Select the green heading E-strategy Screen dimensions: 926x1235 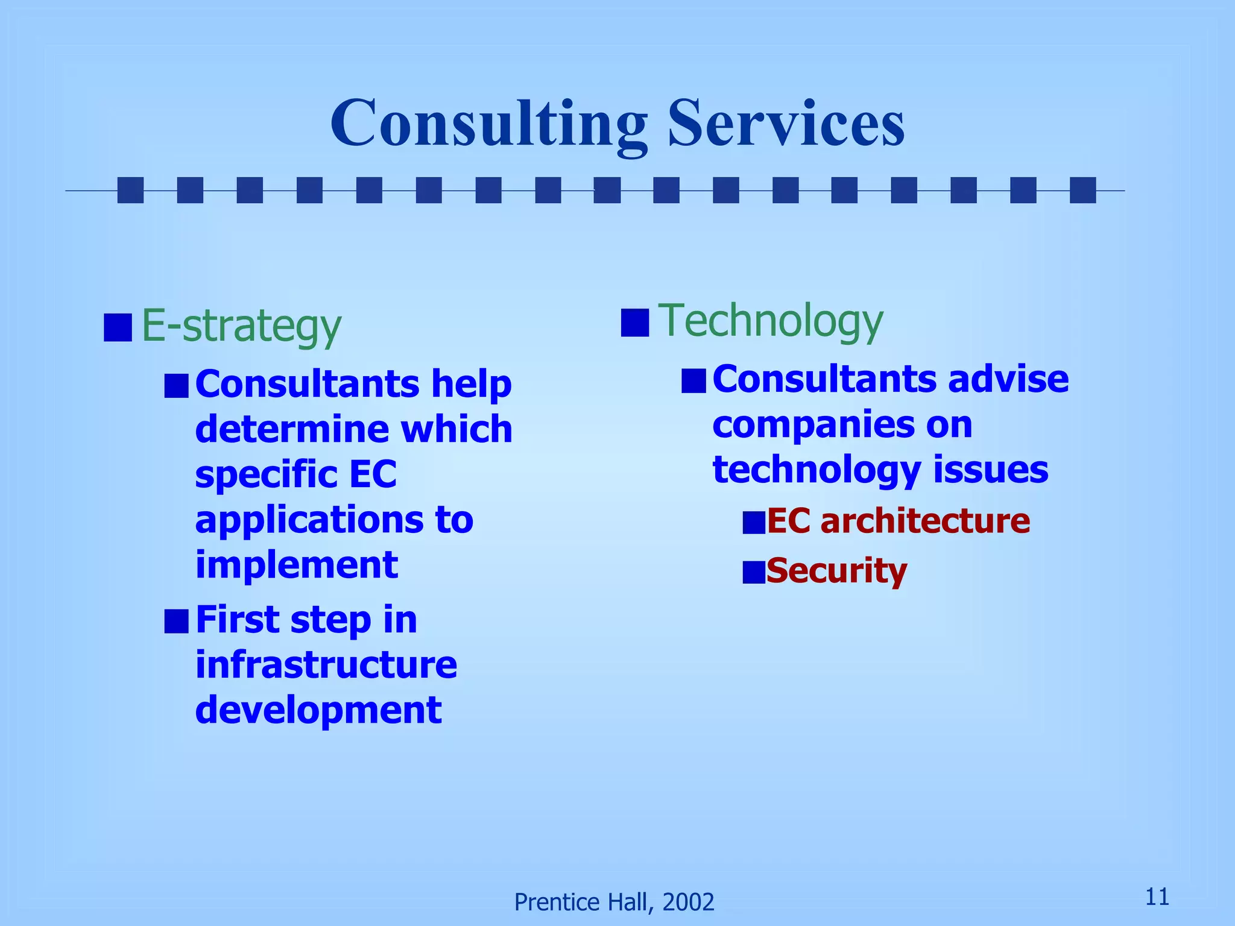pos(241,326)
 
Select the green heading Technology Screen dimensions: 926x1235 pos(770,321)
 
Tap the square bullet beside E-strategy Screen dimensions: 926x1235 pos(118,327)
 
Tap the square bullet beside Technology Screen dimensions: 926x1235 pos(635,322)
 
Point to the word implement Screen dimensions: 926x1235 pos(297,565)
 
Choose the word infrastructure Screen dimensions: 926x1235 pos(326,665)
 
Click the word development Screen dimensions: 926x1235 pos(318,710)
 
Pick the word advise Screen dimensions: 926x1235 pos(1008,379)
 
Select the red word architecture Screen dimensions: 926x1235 pos(925,521)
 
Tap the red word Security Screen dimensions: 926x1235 pos(836,570)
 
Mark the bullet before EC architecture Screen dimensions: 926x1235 pos(754,523)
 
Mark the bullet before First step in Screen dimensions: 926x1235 pos(177,621)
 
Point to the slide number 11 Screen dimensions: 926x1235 pos(1157,896)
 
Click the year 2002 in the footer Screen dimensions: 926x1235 pos(688,902)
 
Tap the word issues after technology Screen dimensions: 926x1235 pos(991,470)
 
